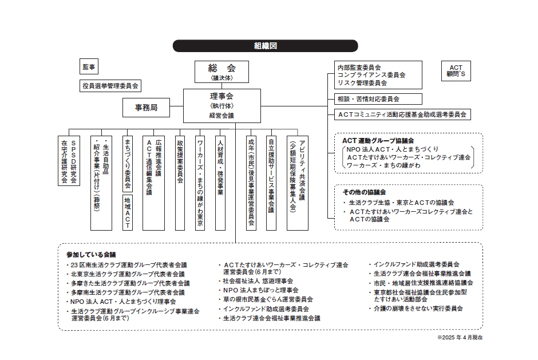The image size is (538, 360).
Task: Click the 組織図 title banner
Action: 265,46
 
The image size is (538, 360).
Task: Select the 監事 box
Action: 89,67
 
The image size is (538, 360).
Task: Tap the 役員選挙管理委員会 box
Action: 110,86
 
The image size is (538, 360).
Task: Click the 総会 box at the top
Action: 221,72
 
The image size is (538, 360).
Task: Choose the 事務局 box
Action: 146,108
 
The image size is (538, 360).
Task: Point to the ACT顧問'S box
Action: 456,71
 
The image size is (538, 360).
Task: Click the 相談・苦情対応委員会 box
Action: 378,99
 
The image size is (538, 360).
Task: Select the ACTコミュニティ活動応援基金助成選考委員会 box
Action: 402,114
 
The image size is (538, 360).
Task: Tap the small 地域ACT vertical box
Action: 128,213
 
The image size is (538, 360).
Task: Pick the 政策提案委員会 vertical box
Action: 180,183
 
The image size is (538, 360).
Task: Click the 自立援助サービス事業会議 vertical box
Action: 271,183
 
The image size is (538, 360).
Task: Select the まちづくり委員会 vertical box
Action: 128,164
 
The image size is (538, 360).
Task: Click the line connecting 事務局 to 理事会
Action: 177,106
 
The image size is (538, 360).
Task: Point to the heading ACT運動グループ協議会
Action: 378,141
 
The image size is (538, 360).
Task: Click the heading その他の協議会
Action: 364,192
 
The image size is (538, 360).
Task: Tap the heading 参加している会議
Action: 91,255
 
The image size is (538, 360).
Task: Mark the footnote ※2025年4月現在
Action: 460,338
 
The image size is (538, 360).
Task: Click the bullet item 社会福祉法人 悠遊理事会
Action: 256,281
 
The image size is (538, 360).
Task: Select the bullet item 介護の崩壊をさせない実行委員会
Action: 416,308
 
